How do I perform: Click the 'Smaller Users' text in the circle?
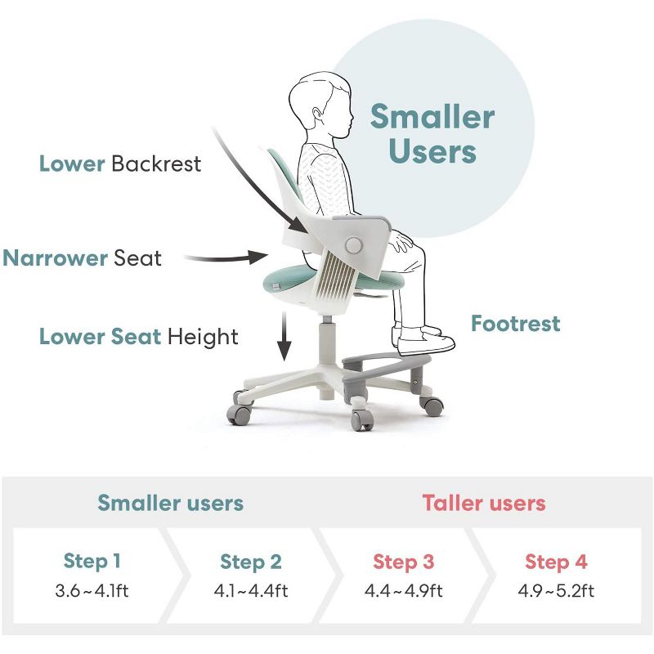[432, 134]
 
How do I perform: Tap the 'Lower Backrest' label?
[120, 163]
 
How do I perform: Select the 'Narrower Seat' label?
[83, 258]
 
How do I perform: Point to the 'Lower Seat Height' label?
[139, 337]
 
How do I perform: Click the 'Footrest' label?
[515, 324]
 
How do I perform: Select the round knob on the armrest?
[353, 244]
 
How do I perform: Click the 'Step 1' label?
[92, 562]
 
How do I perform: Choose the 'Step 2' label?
[250, 562]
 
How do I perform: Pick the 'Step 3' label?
[404, 562]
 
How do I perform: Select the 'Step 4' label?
[556, 562]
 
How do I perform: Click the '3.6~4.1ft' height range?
[92, 590]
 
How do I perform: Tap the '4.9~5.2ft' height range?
[556, 590]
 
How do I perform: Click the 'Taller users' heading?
[484, 503]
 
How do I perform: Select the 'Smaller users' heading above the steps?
[170, 503]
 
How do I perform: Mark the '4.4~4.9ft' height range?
[404, 590]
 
